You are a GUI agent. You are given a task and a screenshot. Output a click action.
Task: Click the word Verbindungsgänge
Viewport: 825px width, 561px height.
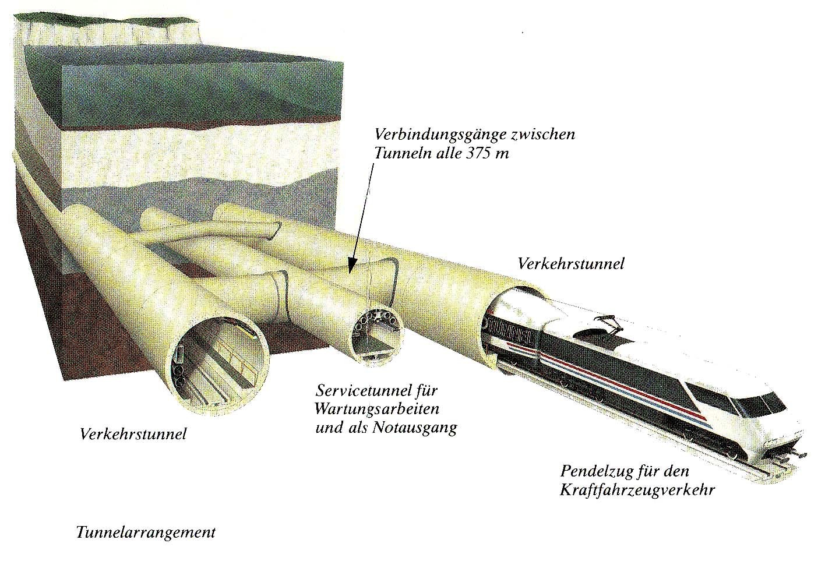439,135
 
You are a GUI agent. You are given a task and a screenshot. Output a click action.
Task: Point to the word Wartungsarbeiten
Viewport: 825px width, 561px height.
378,409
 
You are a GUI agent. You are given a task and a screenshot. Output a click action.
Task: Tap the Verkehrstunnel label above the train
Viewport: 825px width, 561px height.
571,264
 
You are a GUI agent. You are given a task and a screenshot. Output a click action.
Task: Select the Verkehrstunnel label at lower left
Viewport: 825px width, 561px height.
133,434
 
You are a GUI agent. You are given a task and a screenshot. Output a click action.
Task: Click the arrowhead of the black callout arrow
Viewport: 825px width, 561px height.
351,267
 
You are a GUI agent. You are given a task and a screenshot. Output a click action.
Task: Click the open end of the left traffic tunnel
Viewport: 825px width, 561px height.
220,364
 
